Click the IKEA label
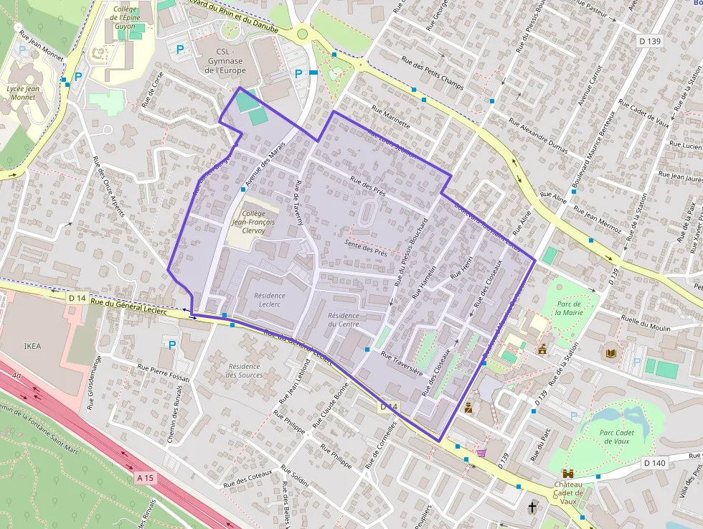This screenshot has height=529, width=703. click(x=32, y=346)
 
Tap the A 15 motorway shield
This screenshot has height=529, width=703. click(x=145, y=477)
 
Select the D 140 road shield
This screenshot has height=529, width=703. click(x=655, y=463)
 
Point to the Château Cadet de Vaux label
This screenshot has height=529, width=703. click(x=568, y=493)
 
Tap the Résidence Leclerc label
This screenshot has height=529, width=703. click(x=270, y=300)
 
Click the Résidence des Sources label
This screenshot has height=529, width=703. click(x=243, y=370)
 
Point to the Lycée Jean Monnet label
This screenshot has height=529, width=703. click(x=22, y=93)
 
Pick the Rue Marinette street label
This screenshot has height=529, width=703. click(x=391, y=118)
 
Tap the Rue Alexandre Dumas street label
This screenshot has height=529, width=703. click(x=538, y=136)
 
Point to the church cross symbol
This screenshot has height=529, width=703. click(x=532, y=507)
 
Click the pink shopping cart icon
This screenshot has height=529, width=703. click(x=481, y=453)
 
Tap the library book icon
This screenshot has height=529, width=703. click(x=610, y=354)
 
